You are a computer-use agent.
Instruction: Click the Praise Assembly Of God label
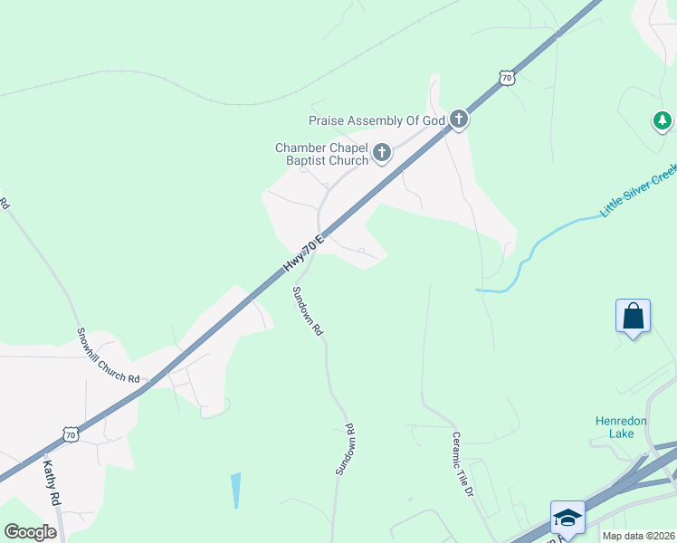pyautogui.click(x=377, y=120)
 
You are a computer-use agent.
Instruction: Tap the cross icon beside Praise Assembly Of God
pyautogui.click(x=459, y=119)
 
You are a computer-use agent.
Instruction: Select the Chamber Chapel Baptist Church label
pyautogui.click(x=322, y=154)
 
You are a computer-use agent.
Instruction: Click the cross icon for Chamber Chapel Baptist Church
pyautogui.click(x=382, y=152)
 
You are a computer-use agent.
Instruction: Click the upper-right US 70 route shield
pyautogui.click(x=507, y=78)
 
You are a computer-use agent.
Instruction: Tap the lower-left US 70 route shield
pyautogui.click(x=72, y=435)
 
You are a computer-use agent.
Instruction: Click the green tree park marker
pyautogui.click(x=663, y=119)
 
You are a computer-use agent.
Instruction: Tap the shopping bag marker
pyautogui.click(x=633, y=316)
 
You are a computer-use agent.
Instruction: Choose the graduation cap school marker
pyautogui.click(x=567, y=517)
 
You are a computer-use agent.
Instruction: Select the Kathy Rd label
pyautogui.click(x=52, y=483)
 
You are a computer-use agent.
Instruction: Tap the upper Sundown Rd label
pyautogui.click(x=307, y=311)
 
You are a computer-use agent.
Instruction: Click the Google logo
pyautogui.click(x=30, y=532)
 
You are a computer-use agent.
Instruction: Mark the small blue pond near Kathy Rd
pyautogui.click(x=236, y=490)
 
